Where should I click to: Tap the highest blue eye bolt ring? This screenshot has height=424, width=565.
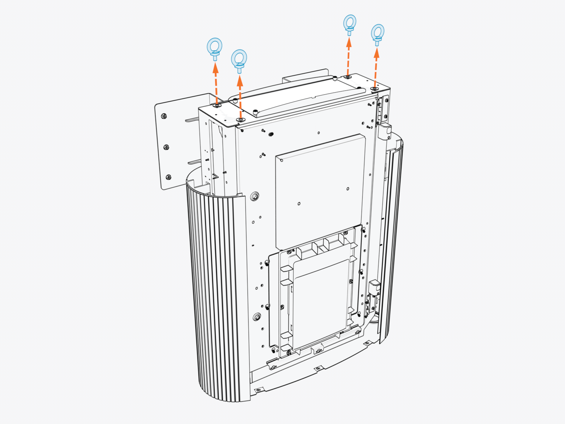(350, 23)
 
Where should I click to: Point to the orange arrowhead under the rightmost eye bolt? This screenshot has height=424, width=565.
(376, 53)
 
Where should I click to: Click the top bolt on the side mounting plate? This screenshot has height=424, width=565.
(164, 116)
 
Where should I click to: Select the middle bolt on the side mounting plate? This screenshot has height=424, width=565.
(166, 147)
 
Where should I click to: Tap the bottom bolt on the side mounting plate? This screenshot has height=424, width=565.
(168, 177)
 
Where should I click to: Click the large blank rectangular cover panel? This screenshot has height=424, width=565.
(320, 191)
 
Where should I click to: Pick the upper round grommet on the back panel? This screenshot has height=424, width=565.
(255, 196)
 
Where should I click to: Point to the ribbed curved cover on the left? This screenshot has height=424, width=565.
(215, 293)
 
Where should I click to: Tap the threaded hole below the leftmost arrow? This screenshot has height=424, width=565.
(217, 105)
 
